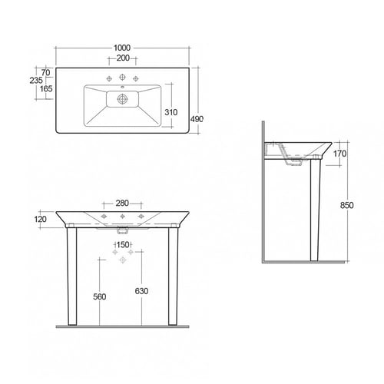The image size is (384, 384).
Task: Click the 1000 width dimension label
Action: click(122, 48)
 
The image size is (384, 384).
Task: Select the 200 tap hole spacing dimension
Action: click(123, 58)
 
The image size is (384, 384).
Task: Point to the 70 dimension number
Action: click(45, 72)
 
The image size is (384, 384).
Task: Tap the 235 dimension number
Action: click(36, 81)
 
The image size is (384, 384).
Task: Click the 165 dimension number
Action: click(46, 89)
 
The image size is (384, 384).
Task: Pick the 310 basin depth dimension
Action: click(171, 112)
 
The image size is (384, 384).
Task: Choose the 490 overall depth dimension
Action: click(197, 119)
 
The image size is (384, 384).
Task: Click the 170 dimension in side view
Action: click(339, 154)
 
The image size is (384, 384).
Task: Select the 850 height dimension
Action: click(347, 205)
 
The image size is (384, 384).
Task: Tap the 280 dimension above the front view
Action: click(122, 204)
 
